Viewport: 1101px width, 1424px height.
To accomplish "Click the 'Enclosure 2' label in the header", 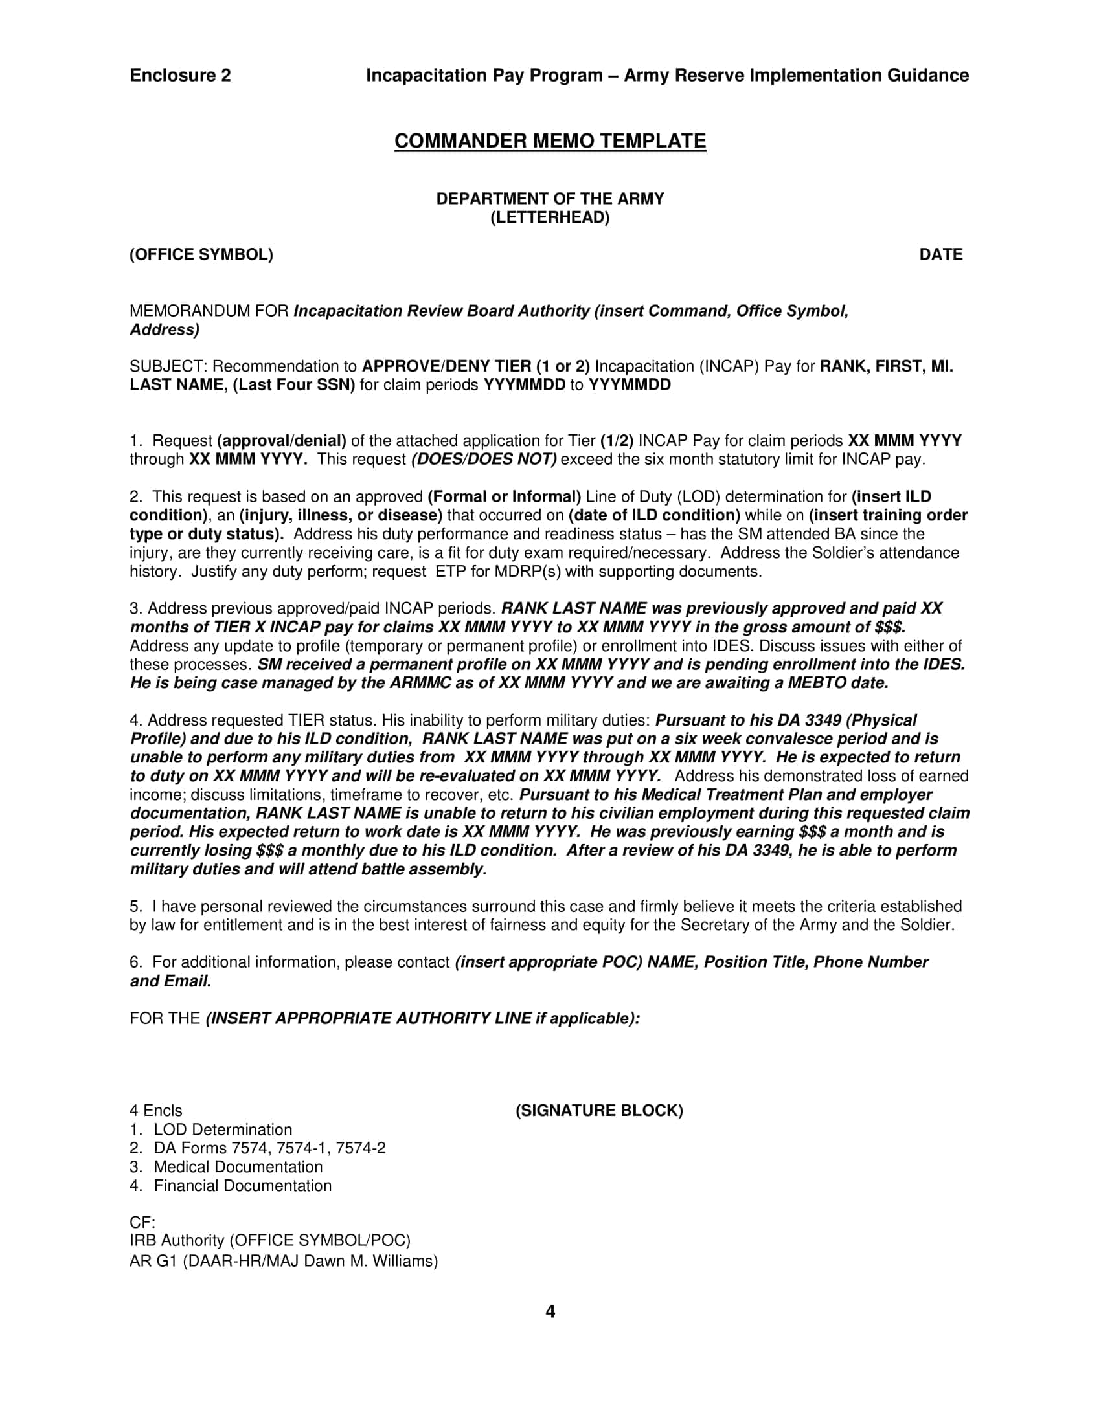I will pyautogui.click(x=180, y=76).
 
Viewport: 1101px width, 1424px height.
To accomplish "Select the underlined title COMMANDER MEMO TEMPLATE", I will pyautogui.click(x=550, y=141).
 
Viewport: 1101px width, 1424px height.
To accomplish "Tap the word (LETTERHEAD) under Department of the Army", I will pyautogui.click(x=550, y=217).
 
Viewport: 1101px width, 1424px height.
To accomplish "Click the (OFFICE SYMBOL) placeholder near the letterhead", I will pyautogui.click(x=201, y=254).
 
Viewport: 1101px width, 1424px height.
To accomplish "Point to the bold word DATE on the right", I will pyautogui.click(x=940, y=254).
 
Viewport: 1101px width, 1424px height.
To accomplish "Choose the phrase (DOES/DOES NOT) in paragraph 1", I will pyautogui.click(x=484, y=460).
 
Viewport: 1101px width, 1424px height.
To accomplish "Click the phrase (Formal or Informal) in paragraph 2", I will pyautogui.click(x=504, y=497).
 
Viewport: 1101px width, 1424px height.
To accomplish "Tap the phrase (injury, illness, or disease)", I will pyautogui.click(x=341, y=516).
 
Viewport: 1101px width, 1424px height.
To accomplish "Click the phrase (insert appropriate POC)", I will pyautogui.click(x=549, y=962).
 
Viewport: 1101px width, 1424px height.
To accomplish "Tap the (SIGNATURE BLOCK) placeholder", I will pyautogui.click(x=599, y=1111).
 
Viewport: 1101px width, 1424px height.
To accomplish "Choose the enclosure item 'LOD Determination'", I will pyautogui.click(x=222, y=1130).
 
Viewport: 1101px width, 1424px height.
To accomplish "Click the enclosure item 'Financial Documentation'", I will pyautogui.click(x=243, y=1185).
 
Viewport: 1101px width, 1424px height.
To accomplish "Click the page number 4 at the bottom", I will pyautogui.click(x=550, y=1311).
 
